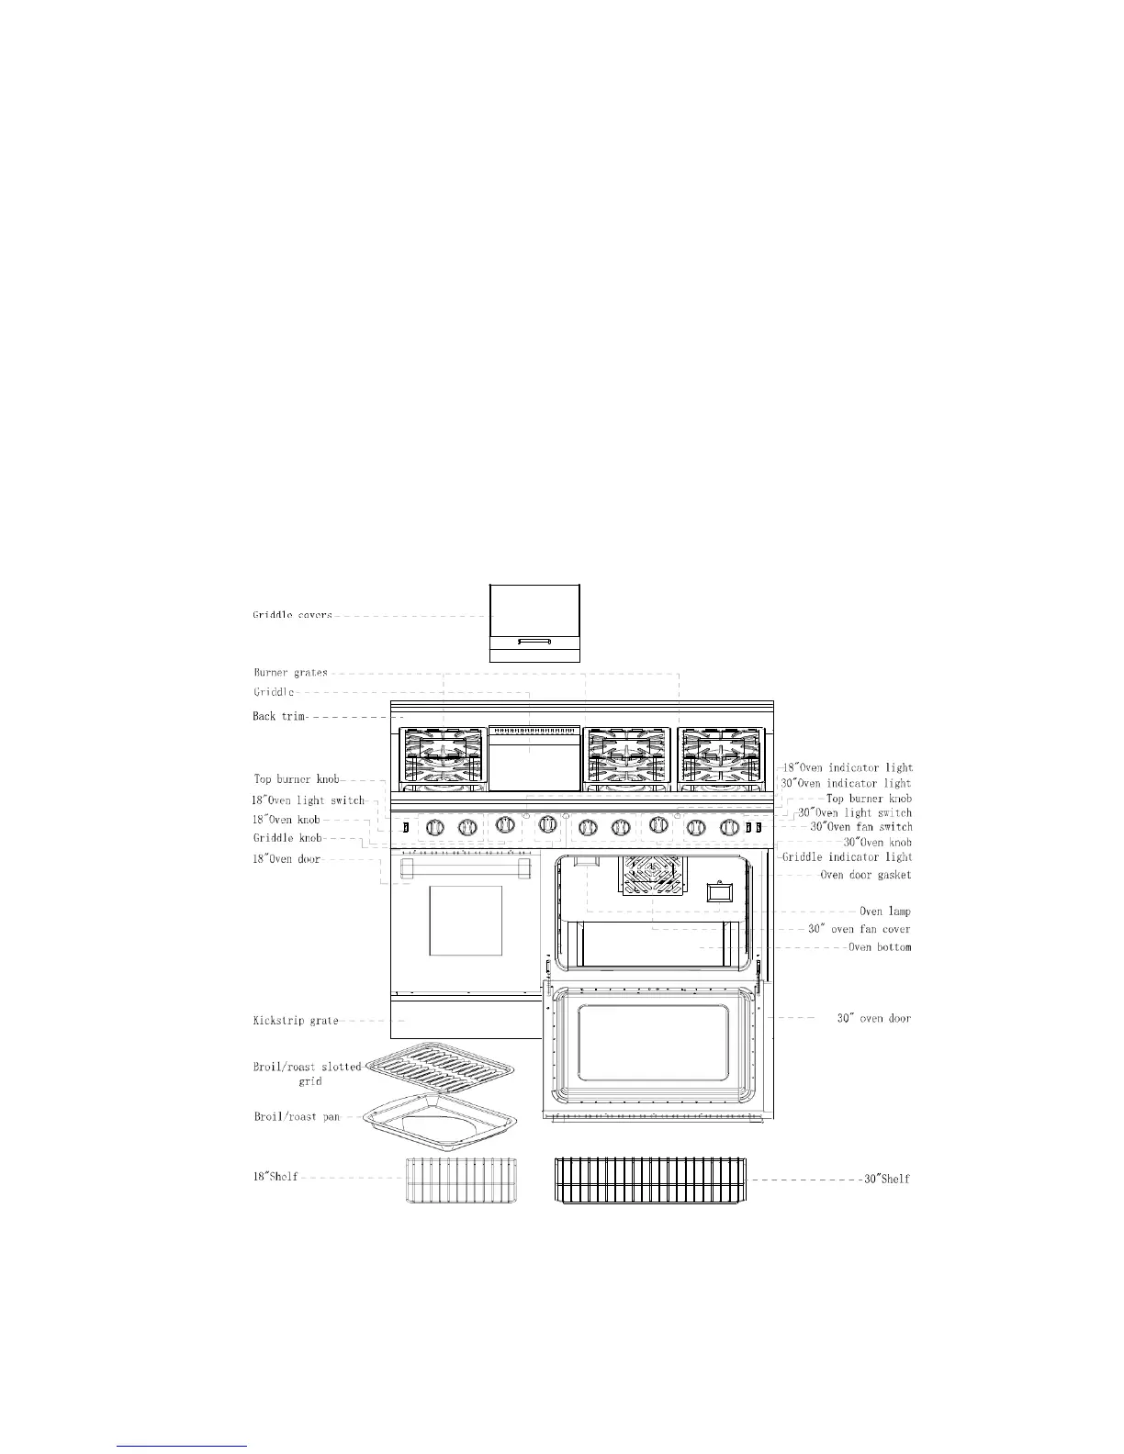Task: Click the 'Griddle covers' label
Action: (293, 615)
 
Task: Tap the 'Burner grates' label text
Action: (290, 673)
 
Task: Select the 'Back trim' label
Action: (279, 716)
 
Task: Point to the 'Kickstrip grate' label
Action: (296, 1020)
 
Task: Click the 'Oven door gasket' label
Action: (865, 875)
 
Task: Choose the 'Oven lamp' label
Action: (884, 912)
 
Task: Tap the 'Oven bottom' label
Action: (880, 946)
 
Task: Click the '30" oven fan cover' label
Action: (860, 929)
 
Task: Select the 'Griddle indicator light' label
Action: (847, 856)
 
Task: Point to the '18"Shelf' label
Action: (275, 1176)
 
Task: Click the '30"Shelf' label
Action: (886, 1179)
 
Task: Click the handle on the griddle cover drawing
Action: (534, 642)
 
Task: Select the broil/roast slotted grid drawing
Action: (441, 1071)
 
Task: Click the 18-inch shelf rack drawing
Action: (461, 1179)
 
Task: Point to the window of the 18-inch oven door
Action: (466, 921)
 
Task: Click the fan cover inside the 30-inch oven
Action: (654, 875)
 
